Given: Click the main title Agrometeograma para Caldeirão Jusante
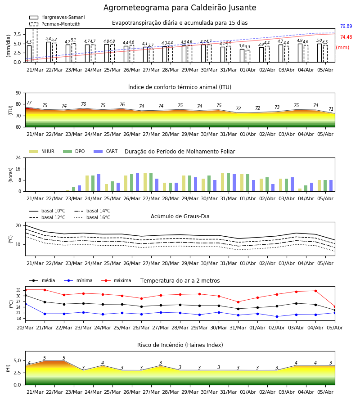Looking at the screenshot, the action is point(180,8).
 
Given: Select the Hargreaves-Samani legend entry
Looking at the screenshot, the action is point(57,17).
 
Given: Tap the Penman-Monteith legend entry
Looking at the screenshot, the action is point(55,24).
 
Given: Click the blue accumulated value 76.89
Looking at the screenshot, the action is point(346,27).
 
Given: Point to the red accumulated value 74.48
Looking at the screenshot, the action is point(346,37).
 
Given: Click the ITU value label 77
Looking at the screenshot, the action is point(29,103).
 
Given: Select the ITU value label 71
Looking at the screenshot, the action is point(331,109).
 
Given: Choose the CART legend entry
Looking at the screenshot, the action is point(106,151).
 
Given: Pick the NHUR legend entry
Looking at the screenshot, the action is point(42,151).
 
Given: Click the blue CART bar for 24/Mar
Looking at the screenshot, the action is point(99,183).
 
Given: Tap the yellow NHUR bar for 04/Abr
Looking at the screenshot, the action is point(300,190).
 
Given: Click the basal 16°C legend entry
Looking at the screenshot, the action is point(92,217).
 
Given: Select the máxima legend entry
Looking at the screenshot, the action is point(116,280).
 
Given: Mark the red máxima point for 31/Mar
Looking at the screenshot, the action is point(238,302).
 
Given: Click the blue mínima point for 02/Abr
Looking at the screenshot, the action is point(277,316).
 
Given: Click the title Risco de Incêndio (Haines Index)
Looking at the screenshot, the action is point(180,345).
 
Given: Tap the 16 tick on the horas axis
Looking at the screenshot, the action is point(18,169).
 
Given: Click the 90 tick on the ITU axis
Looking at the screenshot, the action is point(18,93).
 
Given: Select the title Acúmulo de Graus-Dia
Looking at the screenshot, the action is point(180,216).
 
